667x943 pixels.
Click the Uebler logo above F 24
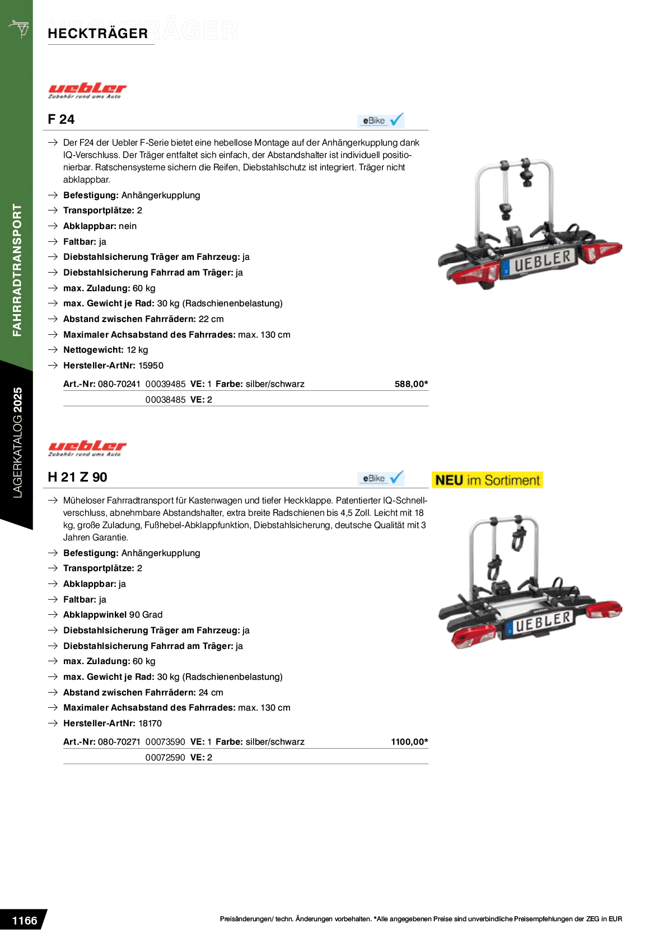coord(87,90)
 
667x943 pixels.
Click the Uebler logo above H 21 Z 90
coord(87,448)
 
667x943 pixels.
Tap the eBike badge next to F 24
coord(381,120)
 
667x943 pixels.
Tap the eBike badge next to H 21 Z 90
coord(381,478)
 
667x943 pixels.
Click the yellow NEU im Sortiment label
coord(487,480)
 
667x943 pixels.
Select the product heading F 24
coord(61,119)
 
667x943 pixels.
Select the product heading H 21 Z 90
coord(77,477)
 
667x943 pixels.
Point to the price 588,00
coord(411,384)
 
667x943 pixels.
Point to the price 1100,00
coord(409,742)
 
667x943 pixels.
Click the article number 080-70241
coord(119,384)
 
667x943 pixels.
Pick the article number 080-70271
coord(119,742)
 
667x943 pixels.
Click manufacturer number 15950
coord(151,366)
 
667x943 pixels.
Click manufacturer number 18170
coord(150,723)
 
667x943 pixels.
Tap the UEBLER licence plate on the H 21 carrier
coord(540,622)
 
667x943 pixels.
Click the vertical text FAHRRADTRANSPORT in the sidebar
coord(17,270)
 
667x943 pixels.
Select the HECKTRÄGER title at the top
coord(143,31)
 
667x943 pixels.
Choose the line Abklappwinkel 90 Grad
coord(113,615)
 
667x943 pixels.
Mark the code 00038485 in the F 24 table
coord(165,400)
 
